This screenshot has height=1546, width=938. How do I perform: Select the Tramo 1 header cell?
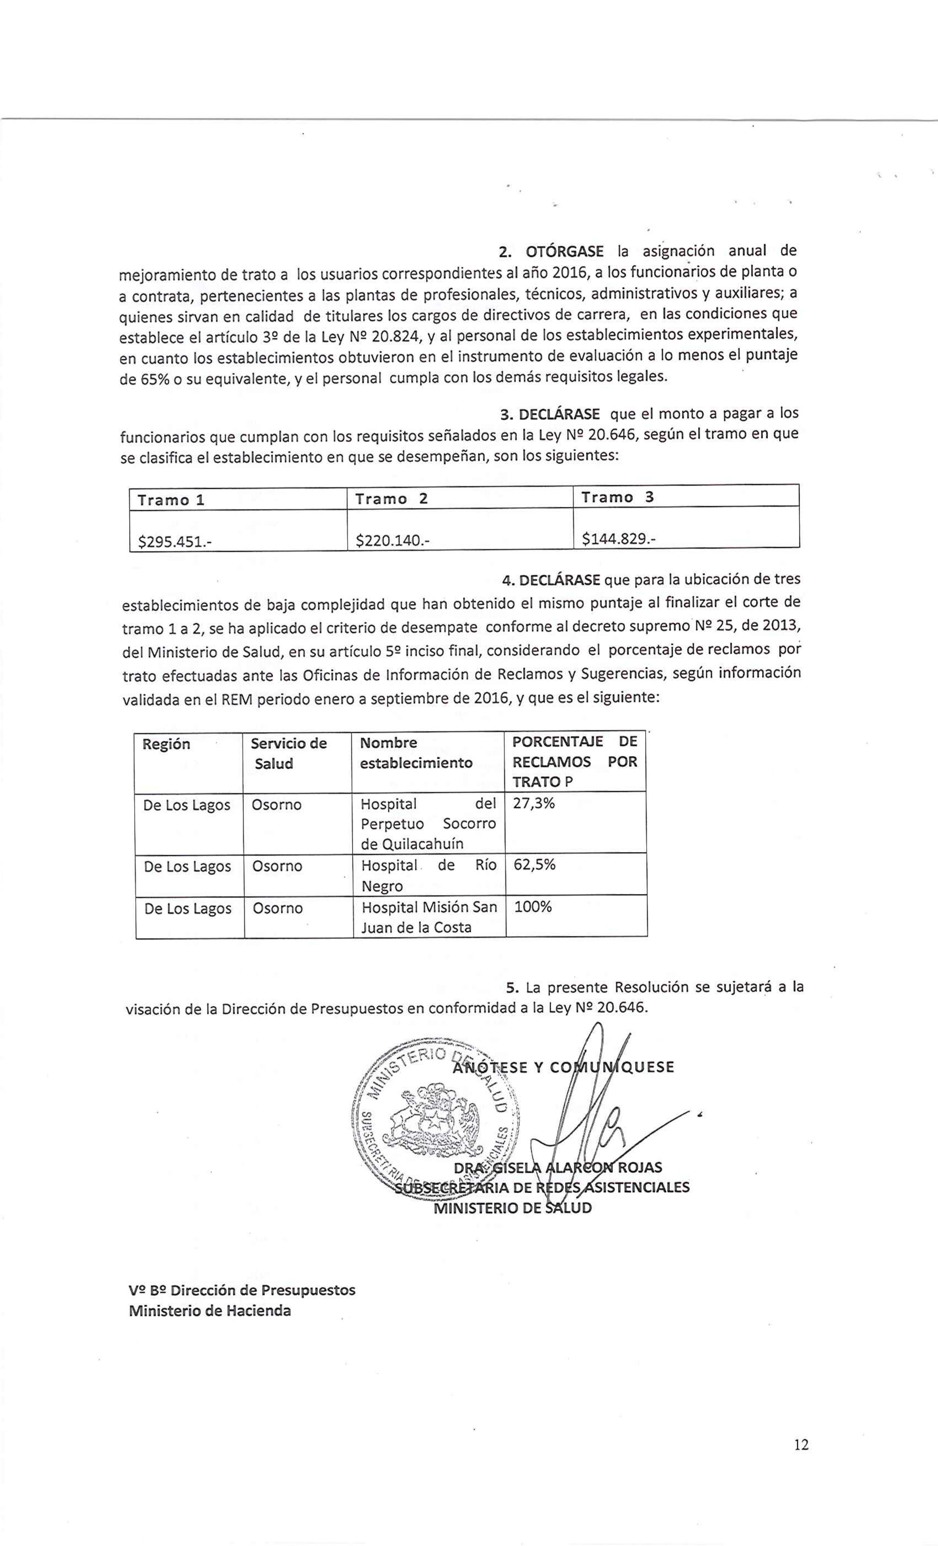coord(171,500)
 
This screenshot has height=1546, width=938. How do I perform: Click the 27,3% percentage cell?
coord(534,803)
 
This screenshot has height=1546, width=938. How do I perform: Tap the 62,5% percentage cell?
coord(535,865)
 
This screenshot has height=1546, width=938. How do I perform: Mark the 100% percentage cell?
coord(533,907)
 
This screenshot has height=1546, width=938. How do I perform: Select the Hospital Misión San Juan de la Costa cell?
coord(429,917)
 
